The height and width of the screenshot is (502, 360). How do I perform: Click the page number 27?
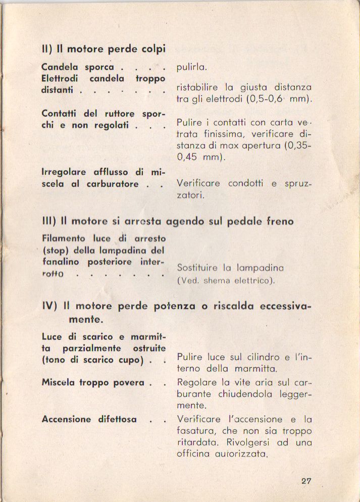[x=306, y=481]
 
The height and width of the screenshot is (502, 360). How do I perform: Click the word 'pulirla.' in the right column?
[x=192, y=67]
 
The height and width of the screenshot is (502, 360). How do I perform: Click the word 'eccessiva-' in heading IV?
[x=286, y=306]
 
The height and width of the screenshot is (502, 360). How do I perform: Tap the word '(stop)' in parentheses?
[x=56, y=250]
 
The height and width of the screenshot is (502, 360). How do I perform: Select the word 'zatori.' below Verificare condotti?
[x=190, y=195]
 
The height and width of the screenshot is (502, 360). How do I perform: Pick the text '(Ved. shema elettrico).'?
[x=226, y=281]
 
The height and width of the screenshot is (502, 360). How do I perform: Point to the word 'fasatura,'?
[x=197, y=431]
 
